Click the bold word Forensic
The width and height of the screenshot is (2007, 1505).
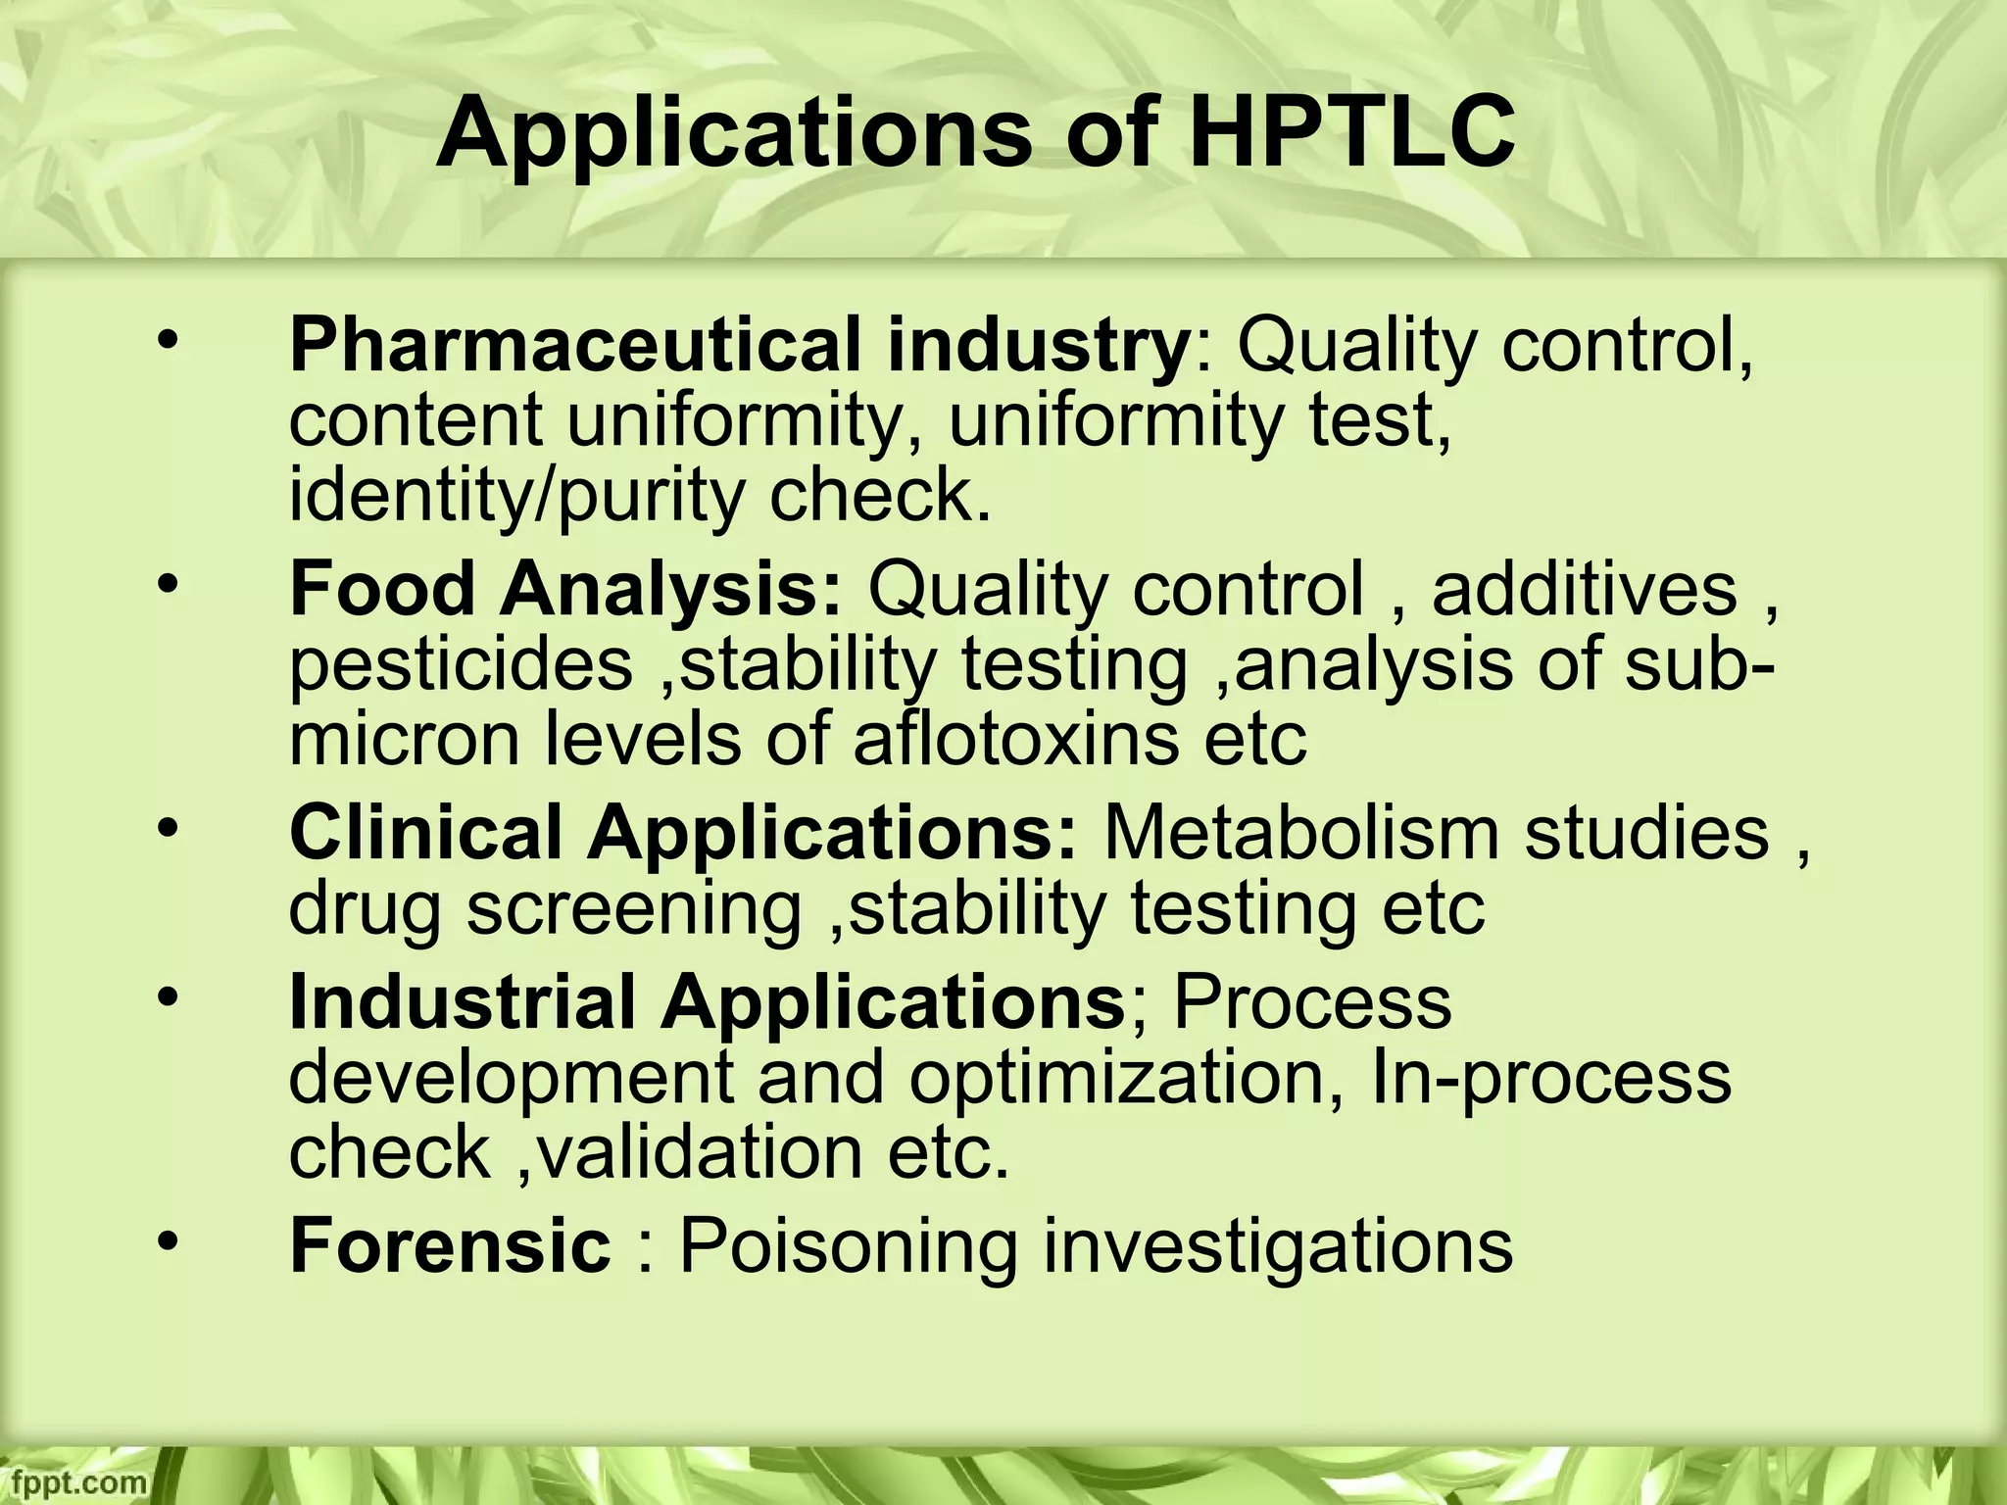click(450, 1246)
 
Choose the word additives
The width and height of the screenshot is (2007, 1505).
click(1584, 590)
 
